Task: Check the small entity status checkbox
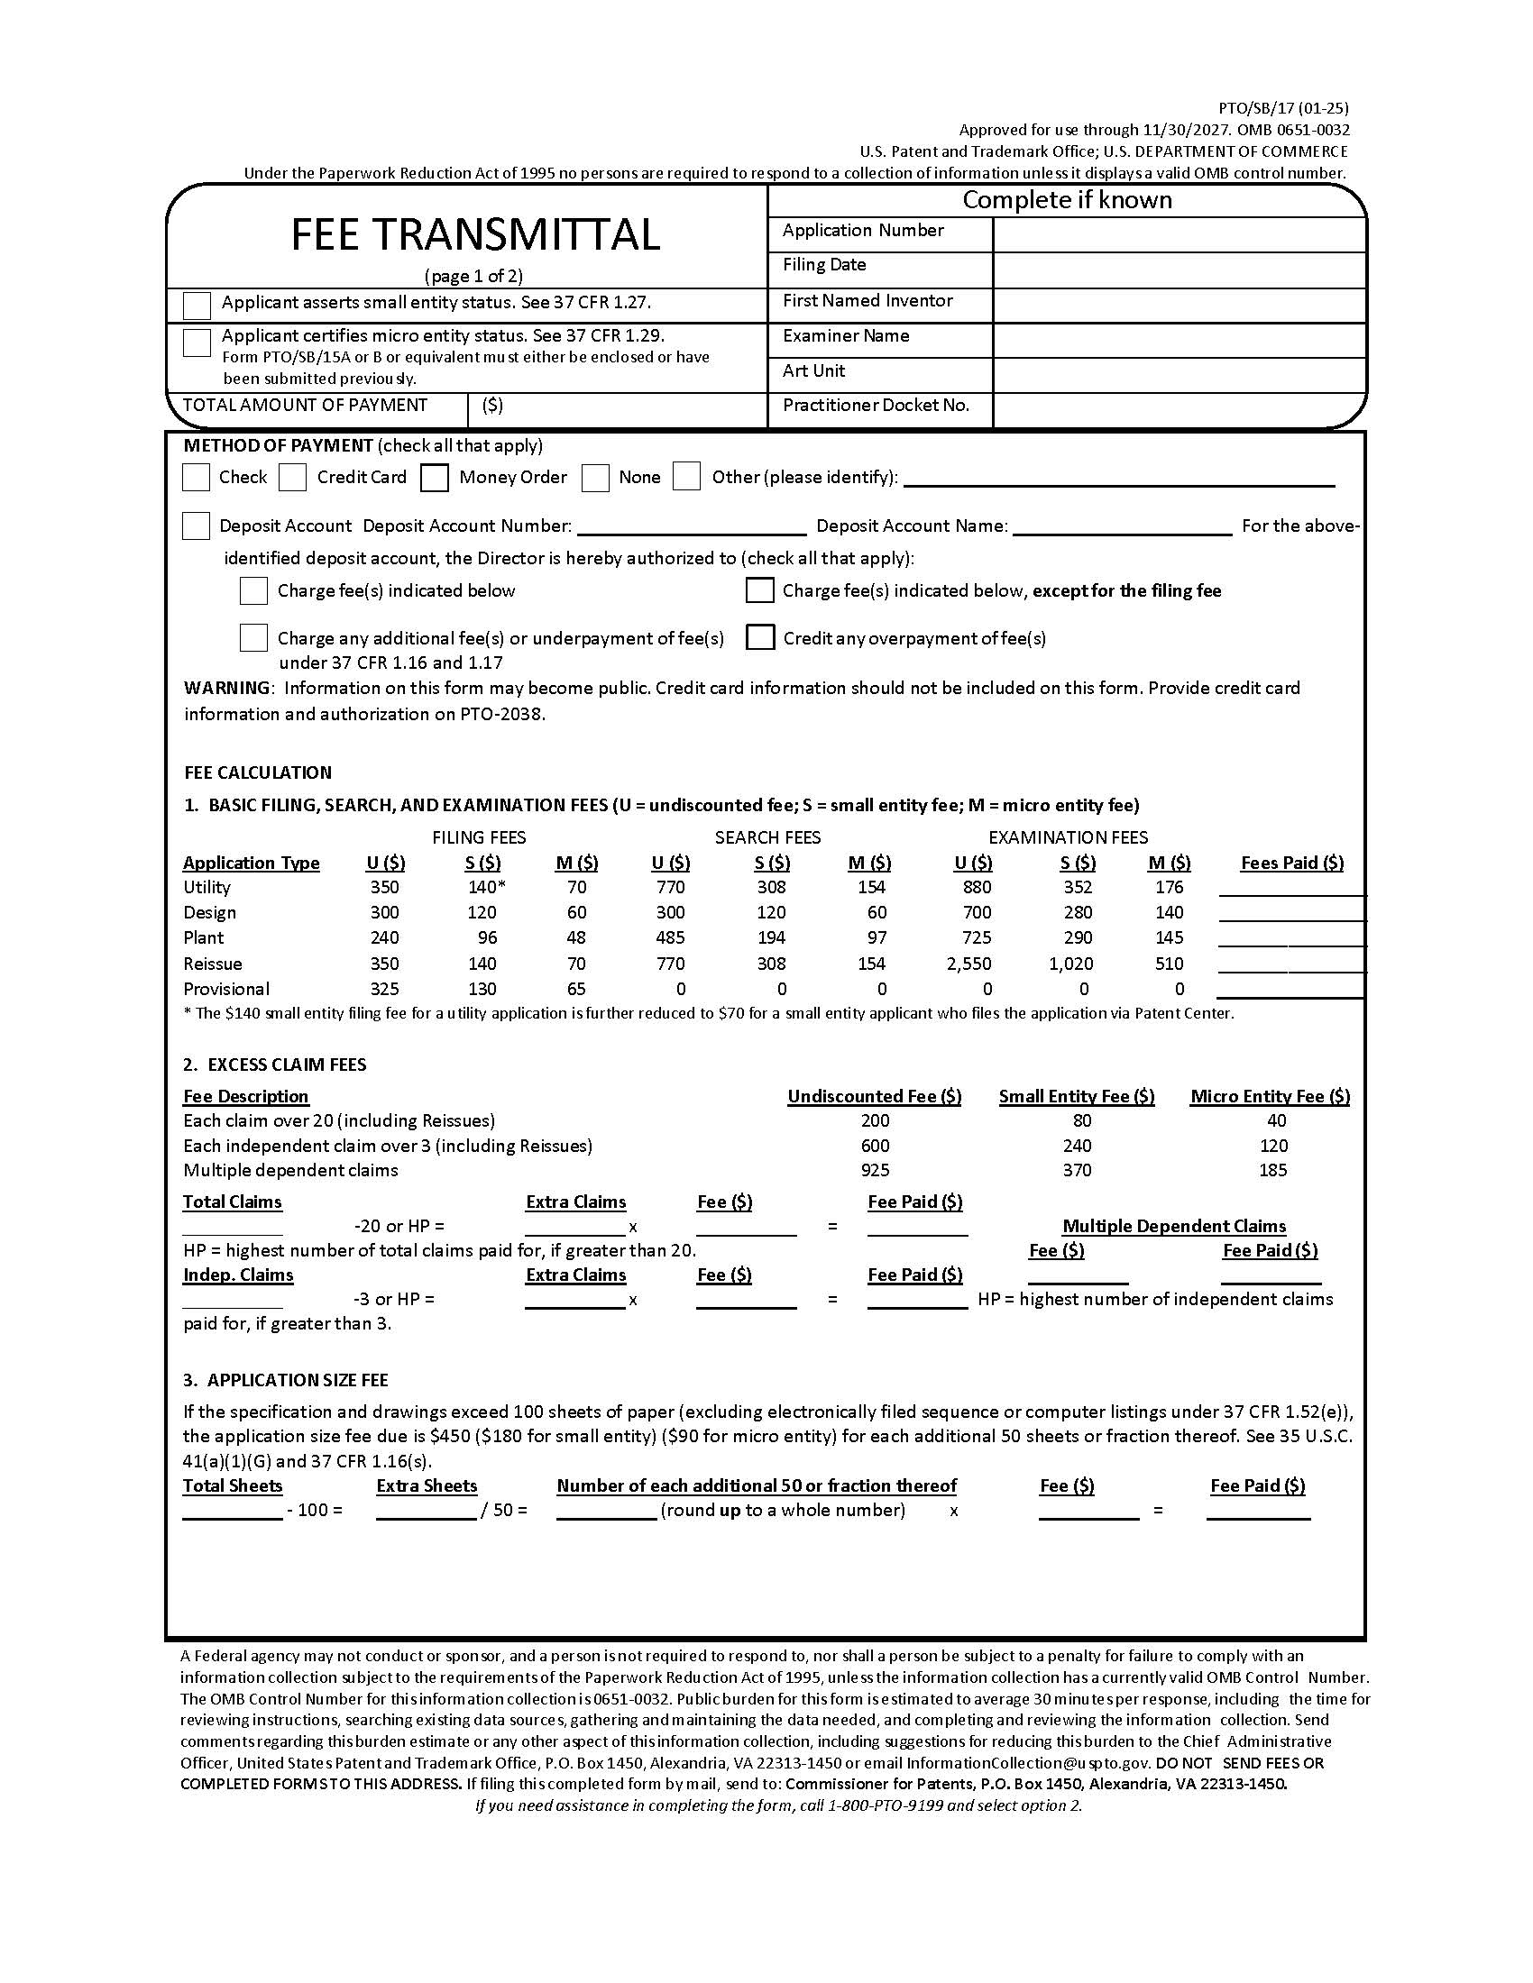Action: [197, 305]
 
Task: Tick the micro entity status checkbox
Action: [197, 343]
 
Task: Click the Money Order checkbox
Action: [434, 478]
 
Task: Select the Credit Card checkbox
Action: [292, 478]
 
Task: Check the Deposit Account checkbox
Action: [197, 525]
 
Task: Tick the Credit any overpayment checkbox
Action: [759, 637]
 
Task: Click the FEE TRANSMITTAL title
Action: [475, 234]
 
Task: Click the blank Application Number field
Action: [1179, 235]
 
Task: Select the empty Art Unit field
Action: [1179, 375]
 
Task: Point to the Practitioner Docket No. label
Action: [876, 406]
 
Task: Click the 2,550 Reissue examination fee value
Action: [968, 964]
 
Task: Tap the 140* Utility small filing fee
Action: [485, 887]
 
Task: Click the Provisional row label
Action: [226, 989]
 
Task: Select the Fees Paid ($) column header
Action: [1291, 863]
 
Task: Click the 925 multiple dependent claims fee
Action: [876, 1170]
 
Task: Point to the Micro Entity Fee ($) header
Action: [1270, 1096]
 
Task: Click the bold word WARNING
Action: [227, 689]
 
